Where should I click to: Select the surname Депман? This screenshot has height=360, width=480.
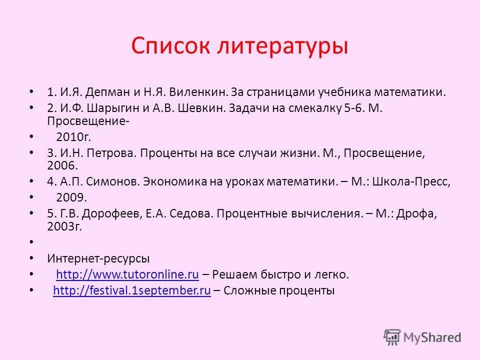[x=106, y=92]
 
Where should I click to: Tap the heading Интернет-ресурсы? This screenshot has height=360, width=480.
[x=98, y=258]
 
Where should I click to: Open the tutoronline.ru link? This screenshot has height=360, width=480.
[x=127, y=274]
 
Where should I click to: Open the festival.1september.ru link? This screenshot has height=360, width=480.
[x=131, y=291]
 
